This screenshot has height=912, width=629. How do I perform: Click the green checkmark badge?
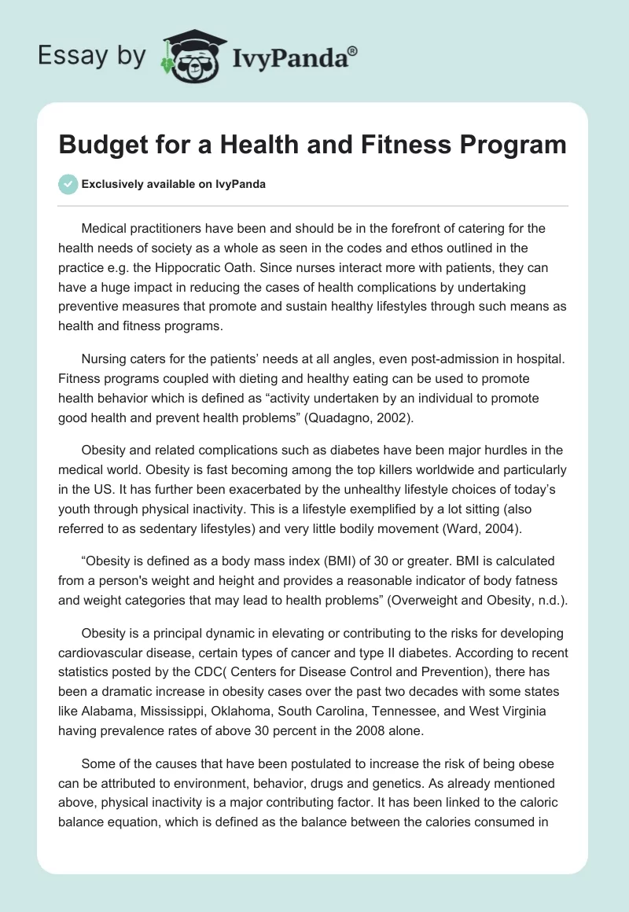(68, 184)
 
